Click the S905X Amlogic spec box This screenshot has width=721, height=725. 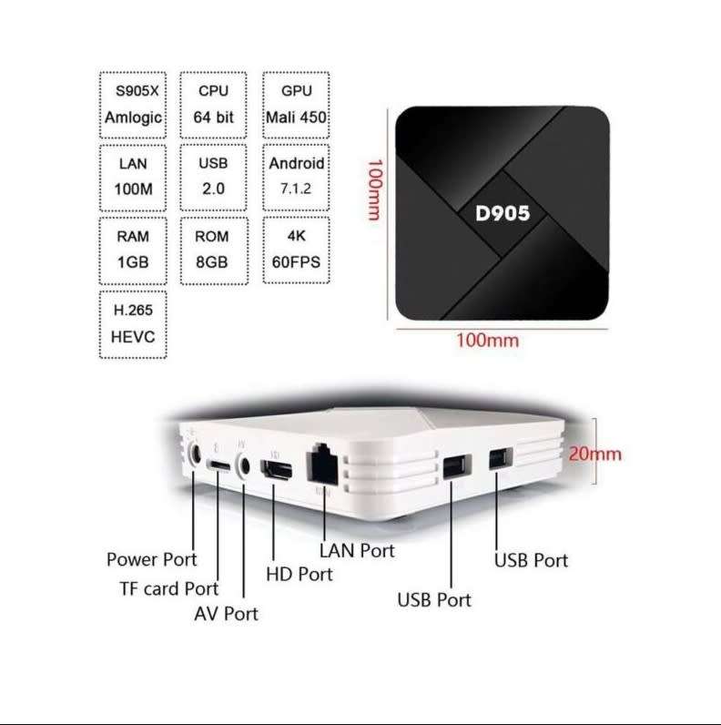133,105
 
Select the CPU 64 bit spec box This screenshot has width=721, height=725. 213,105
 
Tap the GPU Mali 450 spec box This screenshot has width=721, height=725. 296,105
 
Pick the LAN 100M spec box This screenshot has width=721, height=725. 133,177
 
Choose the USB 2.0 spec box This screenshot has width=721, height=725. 213,177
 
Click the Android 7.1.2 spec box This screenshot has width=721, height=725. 296,177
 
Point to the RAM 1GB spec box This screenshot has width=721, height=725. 133,250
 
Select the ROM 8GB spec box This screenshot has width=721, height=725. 213,250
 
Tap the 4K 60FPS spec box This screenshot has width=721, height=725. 296,250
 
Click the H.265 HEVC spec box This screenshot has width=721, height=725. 133,323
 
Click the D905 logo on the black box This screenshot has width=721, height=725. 503,214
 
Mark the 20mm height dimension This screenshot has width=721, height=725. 595,453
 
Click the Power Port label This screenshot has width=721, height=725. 151,559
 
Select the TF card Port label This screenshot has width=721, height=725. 169,588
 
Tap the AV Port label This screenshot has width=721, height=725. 226,614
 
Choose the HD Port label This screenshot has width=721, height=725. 299,574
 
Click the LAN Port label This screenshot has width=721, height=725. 357,550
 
